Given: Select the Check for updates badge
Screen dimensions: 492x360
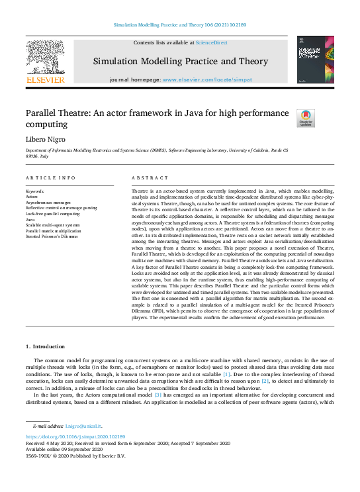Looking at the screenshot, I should pos(305,118).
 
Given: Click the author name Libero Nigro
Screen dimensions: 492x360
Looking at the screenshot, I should pos(44,139).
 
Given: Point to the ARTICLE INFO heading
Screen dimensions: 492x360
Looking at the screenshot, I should pos(50,178).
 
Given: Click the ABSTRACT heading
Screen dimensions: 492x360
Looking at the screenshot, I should pos(146,178).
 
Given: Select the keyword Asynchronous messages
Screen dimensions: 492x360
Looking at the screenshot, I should pos(48,202).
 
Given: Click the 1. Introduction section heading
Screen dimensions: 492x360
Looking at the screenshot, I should pos(46,346).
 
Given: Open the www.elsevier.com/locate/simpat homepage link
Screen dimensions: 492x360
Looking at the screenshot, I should pos(206,79).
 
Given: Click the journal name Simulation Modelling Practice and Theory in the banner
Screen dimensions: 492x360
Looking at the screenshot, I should pos(180,61).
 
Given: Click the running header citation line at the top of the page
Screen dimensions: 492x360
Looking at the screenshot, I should pos(180,25).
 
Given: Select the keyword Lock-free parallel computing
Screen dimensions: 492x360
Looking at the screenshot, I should pos(52,214).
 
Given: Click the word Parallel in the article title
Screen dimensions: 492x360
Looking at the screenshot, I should pos(43,113).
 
